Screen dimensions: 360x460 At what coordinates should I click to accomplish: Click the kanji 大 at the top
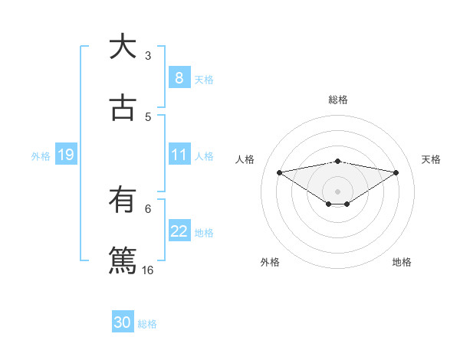122,47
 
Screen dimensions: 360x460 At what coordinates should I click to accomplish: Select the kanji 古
122,108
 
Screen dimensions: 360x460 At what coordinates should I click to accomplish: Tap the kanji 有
122,201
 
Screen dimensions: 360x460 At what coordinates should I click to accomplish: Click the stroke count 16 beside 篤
148,270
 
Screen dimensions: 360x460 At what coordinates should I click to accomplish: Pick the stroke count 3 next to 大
148,55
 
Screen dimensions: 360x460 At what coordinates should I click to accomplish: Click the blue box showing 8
179,78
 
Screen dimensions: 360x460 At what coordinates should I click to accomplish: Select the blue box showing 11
179,155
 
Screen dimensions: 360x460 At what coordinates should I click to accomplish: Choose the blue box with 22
179,232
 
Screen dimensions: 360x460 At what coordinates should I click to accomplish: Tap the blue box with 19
65,155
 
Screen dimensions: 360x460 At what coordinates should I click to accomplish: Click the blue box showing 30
122,322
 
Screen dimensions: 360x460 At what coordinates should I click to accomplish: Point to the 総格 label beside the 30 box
147,324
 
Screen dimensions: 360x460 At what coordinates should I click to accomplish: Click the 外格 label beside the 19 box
41,156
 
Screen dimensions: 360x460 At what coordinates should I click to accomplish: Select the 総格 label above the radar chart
338,100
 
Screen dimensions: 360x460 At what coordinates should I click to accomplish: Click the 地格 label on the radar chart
402,262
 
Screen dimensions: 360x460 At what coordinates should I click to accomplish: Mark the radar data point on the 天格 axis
396,172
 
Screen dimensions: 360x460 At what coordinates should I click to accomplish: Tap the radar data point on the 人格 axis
280,172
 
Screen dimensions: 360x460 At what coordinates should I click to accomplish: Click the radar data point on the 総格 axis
338,161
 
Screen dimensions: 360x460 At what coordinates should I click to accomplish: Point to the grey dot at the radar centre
338,191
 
